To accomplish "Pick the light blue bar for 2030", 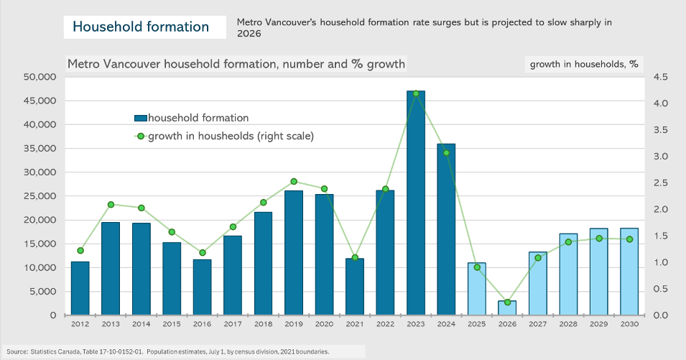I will pyautogui.click(x=629, y=272).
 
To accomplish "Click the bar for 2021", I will pyautogui.click(x=354, y=287).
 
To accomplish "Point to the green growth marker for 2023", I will pyautogui.click(x=415, y=93).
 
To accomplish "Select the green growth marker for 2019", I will pyautogui.click(x=293, y=182).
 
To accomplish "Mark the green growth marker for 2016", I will pyautogui.click(x=202, y=252).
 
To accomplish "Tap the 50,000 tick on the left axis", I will pyautogui.click(x=40, y=77).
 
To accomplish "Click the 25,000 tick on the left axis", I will pyautogui.click(x=40, y=196).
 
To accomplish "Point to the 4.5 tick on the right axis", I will pyautogui.click(x=661, y=77).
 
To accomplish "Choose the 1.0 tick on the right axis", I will pyautogui.click(x=661, y=262).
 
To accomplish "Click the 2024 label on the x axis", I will pyautogui.click(x=446, y=325).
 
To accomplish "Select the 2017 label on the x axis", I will pyautogui.click(x=232, y=325).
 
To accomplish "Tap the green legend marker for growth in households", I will pyautogui.click(x=141, y=136).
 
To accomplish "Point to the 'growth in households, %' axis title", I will pyautogui.click(x=583, y=64).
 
